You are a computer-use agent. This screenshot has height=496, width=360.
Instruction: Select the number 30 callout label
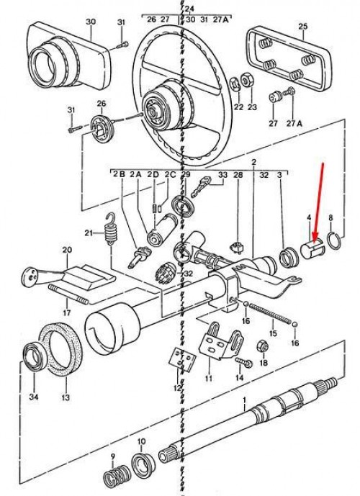coord(90,22)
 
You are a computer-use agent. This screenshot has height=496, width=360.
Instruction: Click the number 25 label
coord(302,27)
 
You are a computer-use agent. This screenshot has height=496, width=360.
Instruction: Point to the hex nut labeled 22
coord(236,81)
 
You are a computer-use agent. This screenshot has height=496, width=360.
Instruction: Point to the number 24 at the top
coord(189,9)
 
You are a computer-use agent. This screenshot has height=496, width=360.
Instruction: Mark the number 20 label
coord(66,251)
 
